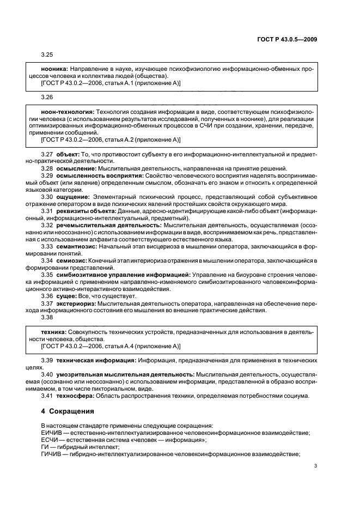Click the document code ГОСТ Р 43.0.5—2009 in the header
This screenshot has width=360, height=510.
[x=288, y=39]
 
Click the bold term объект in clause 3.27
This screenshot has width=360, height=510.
[x=68, y=155]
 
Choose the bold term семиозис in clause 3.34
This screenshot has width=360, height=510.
[x=71, y=259]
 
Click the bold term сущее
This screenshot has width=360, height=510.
[x=66, y=295]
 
